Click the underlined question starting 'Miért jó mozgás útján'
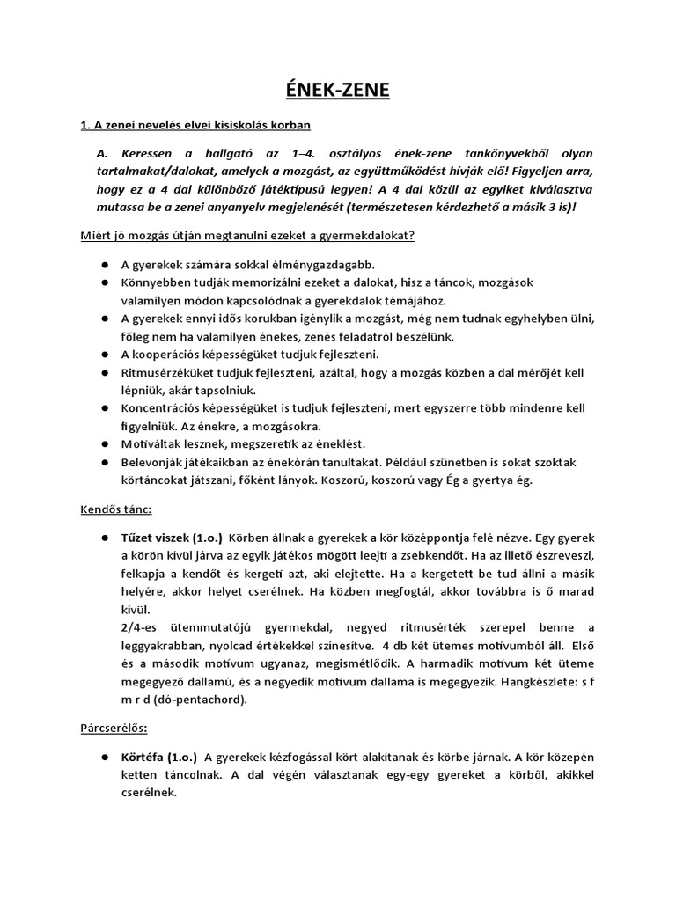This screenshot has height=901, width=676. (x=247, y=235)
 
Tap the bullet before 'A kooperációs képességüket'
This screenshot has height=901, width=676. (x=105, y=355)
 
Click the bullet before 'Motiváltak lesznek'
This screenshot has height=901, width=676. (x=105, y=444)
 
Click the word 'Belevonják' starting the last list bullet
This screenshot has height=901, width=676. (x=153, y=462)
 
